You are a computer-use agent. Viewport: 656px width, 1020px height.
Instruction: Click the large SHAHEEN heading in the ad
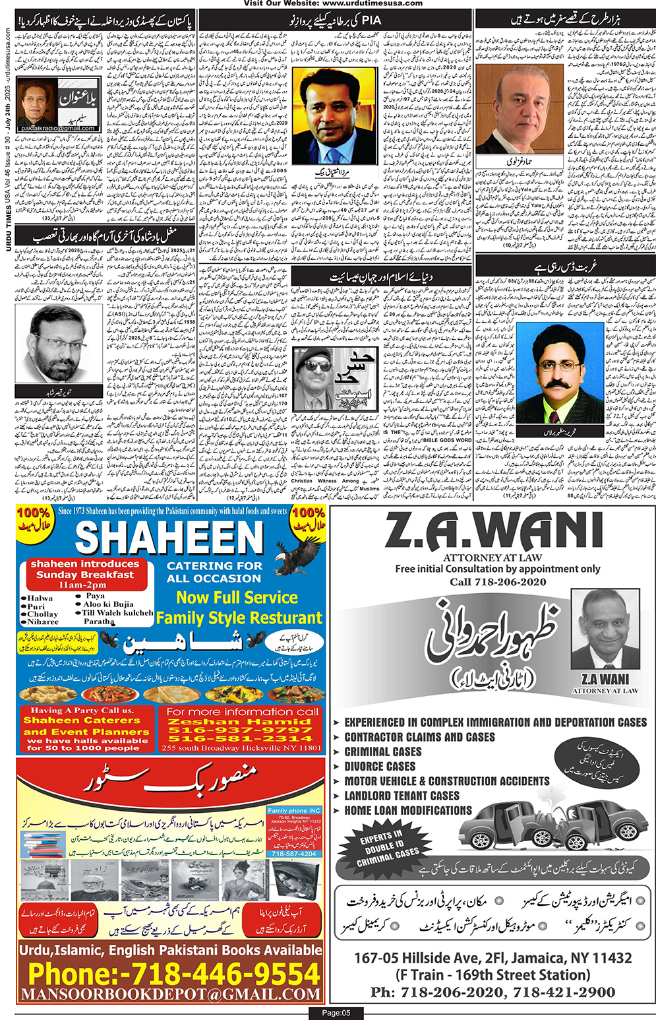(169, 538)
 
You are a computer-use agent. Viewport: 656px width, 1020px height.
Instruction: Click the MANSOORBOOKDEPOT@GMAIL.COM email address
(170, 994)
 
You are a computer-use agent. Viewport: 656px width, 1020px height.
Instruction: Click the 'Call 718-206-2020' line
(498, 582)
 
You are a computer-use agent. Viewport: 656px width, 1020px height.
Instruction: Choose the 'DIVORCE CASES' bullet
(380, 767)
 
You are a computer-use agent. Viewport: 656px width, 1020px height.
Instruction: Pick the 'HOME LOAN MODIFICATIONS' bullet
(408, 810)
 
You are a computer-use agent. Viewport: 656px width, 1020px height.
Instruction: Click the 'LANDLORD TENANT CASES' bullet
(402, 796)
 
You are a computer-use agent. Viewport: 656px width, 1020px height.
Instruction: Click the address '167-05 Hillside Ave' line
(492, 958)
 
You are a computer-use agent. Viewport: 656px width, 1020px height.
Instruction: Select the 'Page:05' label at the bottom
(336, 1013)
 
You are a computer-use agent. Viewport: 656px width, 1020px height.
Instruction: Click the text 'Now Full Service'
(237, 598)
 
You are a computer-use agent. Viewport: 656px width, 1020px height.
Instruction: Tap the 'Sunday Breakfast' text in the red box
(85, 575)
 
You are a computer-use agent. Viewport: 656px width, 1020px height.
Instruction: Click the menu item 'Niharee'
(43, 622)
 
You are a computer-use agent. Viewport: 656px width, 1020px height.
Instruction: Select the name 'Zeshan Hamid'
(240, 722)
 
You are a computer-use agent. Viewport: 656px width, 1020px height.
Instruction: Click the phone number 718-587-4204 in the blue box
(294, 853)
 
